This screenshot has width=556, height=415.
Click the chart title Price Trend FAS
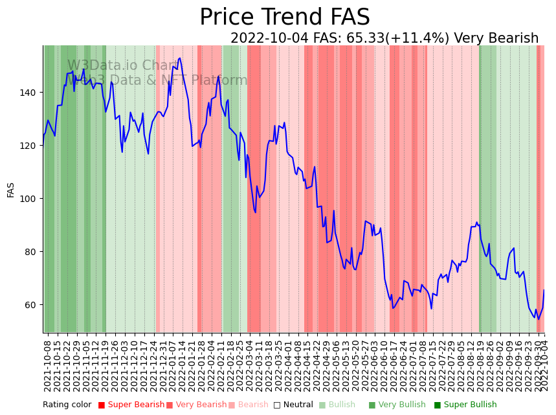click(284, 17)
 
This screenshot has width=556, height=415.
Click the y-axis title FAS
click(11, 189)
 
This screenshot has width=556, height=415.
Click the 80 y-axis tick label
click(31, 252)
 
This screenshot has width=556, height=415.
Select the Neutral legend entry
click(291, 405)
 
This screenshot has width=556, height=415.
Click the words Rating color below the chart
click(67, 405)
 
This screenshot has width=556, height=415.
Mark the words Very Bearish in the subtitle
click(496, 38)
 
